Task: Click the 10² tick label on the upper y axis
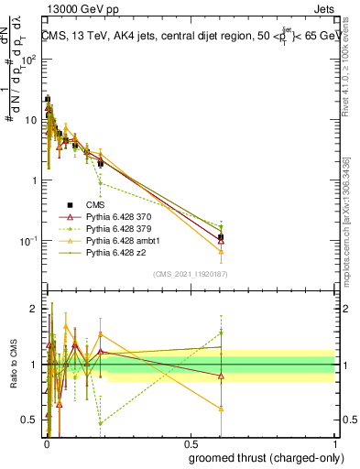[x=28, y=59]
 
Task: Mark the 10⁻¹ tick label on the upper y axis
[x=28, y=241]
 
